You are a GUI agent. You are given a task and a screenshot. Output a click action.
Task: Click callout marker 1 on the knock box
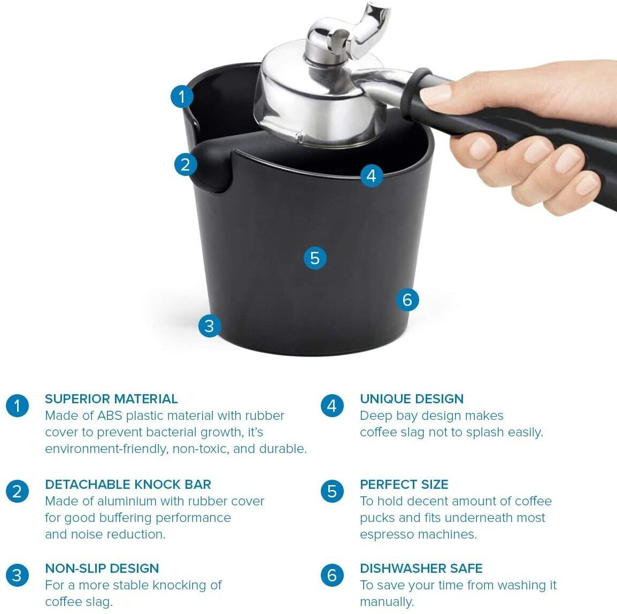pos(182,96)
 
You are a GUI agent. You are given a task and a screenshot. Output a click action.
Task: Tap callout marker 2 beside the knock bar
pos(186,165)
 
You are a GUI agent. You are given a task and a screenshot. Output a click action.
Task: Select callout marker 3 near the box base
pos(210,326)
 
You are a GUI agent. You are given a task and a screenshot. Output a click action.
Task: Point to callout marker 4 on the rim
pos(372,175)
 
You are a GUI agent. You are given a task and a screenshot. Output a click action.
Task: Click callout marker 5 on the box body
pos(315,258)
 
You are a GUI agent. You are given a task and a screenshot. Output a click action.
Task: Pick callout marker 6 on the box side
pos(407,300)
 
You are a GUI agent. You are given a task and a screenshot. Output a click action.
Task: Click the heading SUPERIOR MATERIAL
pos(111,398)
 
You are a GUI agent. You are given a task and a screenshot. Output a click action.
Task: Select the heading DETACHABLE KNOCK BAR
pos(128,484)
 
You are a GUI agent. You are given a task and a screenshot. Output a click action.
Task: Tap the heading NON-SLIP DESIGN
pos(102,569)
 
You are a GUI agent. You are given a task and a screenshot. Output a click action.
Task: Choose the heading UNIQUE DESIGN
pos(412,398)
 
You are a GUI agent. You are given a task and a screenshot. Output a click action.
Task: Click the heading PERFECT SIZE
pos(404,484)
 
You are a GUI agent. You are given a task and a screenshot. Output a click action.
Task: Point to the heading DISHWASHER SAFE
pos(421,569)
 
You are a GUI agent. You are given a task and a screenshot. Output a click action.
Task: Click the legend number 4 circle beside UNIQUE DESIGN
pos(332,406)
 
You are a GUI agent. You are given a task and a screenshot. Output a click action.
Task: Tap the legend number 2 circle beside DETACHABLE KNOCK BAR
pos(17,491)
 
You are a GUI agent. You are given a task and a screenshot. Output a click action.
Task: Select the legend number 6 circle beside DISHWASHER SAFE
pos(332,575)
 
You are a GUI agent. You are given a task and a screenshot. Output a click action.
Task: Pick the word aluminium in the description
pos(127,501)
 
